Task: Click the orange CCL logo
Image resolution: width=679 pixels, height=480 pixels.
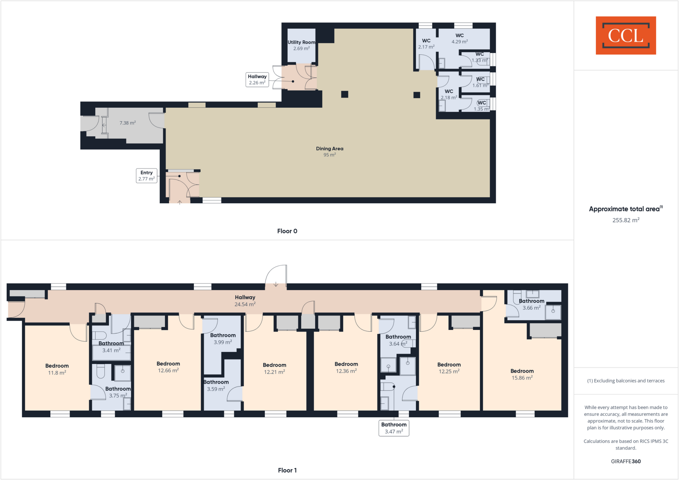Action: tap(626, 35)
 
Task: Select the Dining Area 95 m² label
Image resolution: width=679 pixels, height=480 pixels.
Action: tap(330, 151)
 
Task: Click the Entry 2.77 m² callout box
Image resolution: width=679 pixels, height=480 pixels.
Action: tap(147, 176)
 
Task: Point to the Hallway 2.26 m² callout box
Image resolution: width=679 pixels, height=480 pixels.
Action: tap(257, 80)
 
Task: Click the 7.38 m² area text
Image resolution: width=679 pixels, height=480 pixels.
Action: tap(128, 123)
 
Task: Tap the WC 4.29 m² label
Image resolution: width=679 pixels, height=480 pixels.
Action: tap(460, 38)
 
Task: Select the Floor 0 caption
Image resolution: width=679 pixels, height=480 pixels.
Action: tap(287, 231)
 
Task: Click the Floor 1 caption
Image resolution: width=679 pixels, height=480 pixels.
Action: tap(287, 470)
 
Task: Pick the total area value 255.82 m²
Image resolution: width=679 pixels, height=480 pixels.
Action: tap(626, 220)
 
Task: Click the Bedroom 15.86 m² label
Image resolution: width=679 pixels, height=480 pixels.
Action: tap(522, 374)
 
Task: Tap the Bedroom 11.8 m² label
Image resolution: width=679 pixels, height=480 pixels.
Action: tap(57, 369)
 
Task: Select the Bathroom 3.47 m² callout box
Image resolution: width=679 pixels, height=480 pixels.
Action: tap(394, 428)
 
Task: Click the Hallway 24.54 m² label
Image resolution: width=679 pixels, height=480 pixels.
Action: tap(245, 301)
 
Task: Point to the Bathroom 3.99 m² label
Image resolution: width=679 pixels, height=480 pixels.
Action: tap(223, 339)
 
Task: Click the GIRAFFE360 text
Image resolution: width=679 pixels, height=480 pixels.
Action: tap(626, 461)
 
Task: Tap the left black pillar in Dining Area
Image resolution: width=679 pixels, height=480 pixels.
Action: tap(344, 94)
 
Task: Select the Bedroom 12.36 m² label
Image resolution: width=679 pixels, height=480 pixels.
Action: tap(346, 367)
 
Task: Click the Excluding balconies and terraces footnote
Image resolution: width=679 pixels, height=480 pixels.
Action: tap(626, 381)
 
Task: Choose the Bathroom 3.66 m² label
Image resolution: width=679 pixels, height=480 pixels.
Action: tap(531, 304)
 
